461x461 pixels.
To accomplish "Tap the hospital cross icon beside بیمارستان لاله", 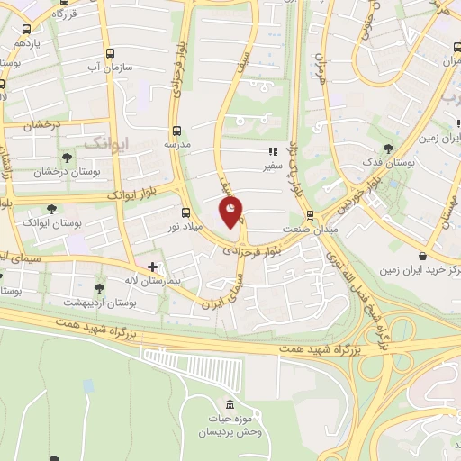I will (x=153, y=267).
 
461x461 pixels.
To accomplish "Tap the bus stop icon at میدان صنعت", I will (x=310, y=215).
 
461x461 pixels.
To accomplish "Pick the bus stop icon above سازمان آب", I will (x=111, y=53).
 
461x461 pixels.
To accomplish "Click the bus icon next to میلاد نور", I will (x=185, y=213).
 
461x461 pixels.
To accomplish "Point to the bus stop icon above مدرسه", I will (x=177, y=129).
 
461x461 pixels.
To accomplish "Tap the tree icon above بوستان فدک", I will (x=389, y=148).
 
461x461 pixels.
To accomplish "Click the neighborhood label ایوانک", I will (x=107, y=142).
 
